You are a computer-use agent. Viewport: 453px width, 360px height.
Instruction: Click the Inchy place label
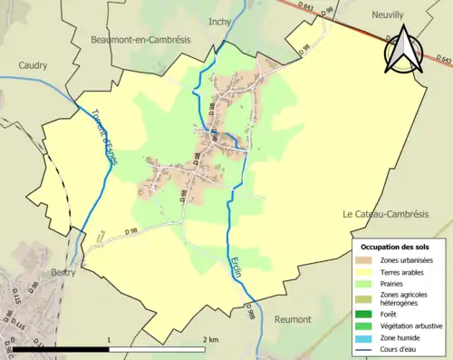[x=220, y=19]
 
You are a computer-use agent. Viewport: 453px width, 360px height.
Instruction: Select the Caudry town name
[x=33, y=64]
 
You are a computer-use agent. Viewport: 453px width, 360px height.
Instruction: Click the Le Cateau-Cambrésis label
[x=384, y=214]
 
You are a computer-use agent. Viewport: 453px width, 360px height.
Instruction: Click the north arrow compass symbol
[x=402, y=50]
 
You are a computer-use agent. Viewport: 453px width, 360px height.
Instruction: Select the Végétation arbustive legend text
[x=412, y=326]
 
